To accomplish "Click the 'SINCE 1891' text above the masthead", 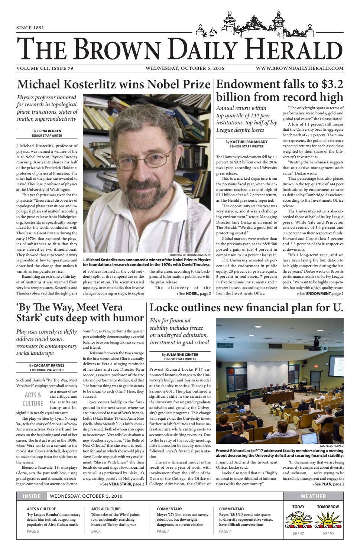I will tap(30, 28).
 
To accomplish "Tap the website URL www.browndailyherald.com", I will tap(304, 68).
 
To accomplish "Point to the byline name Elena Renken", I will tap(49, 131).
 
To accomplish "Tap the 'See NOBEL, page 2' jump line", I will tap(193, 293).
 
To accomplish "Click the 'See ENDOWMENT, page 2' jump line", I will tap(320, 293).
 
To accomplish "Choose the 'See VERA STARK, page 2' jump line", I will tap(122, 484).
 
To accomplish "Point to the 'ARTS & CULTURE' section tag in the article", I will tap(33, 399).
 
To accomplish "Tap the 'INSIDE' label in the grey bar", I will tap(32, 496).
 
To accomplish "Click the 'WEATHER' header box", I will tap(313, 496).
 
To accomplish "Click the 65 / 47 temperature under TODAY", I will tap(298, 533).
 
